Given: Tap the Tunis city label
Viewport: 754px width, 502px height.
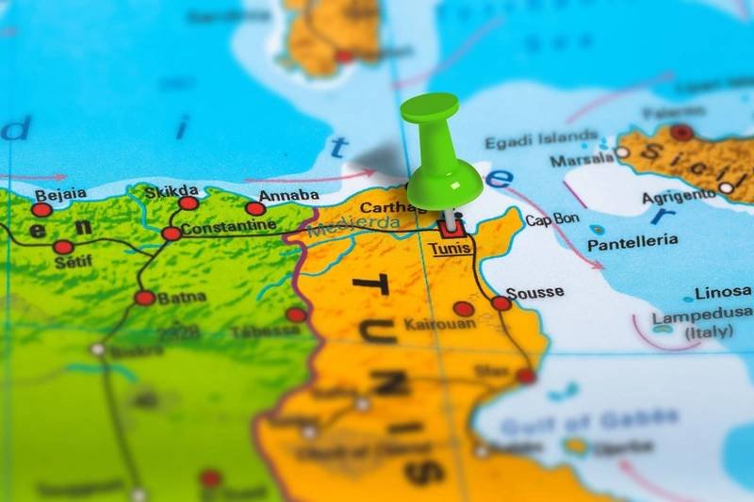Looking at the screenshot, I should tap(449, 249).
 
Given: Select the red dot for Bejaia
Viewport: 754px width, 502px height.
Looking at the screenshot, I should tap(41, 210).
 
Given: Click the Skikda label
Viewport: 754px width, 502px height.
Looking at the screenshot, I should tap(171, 191).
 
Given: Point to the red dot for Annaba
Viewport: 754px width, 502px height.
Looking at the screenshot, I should tap(255, 209).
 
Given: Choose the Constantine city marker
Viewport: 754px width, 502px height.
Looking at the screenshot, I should tap(172, 233).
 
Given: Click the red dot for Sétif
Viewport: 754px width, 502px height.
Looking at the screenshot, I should tap(63, 247).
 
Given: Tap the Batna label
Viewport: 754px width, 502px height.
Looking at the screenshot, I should tap(181, 298).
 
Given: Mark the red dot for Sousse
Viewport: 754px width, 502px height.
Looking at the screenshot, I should tap(501, 303).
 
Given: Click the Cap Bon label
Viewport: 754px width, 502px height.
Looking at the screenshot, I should tap(551, 220).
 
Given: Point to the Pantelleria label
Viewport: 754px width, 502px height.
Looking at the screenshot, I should tap(632, 242).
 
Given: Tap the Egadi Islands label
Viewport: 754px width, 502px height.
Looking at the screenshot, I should tap(541, 141).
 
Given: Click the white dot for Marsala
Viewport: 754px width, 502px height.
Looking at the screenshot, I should tap(622, 152).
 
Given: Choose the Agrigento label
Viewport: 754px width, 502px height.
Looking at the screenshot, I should tap(679, 196).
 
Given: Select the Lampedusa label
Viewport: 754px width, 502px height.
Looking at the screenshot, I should tap(703, 315).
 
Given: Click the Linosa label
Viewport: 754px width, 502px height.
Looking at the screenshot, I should tap(723, 293).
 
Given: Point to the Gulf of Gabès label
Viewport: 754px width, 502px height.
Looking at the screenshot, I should tap(589, 417).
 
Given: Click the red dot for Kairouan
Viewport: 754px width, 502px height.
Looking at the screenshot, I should tap(463, 308).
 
